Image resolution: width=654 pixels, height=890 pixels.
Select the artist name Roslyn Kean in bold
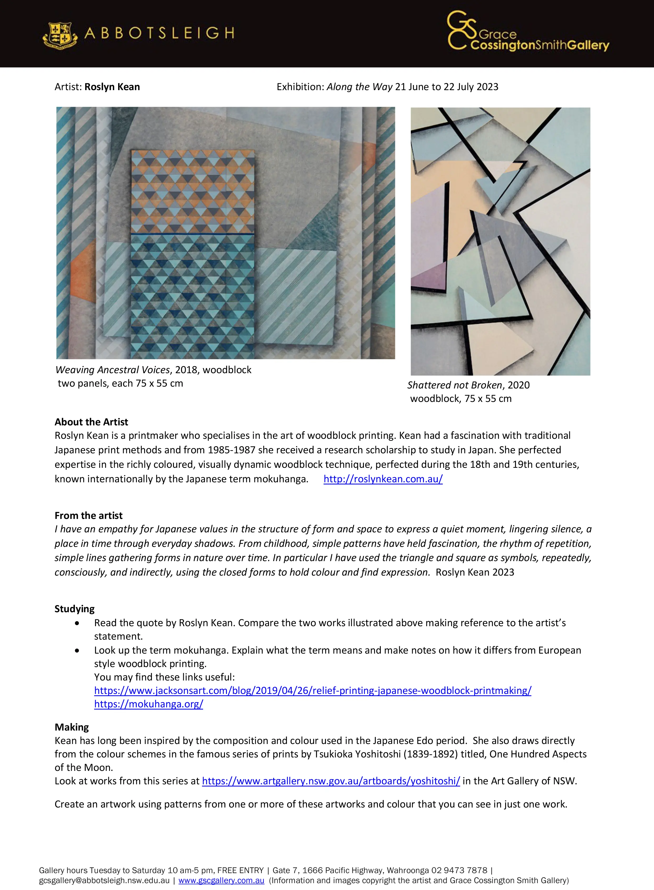point(112,87)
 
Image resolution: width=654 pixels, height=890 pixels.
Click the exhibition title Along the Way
point(359,87)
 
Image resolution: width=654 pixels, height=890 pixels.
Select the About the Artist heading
point(92,422)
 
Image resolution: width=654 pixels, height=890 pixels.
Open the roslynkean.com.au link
point(383,479)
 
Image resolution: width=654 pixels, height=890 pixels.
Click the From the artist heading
point(89,515)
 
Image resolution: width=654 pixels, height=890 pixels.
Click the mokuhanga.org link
point(148,704)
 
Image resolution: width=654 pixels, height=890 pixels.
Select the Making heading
point(72,727)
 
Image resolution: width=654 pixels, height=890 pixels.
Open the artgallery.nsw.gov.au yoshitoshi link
point(331,781)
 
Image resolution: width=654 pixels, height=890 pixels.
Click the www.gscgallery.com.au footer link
point(221,881)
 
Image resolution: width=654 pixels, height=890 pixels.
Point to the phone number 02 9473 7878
point(459,870)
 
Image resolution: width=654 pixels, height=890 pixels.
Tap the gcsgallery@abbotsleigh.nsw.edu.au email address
point(104,881)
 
